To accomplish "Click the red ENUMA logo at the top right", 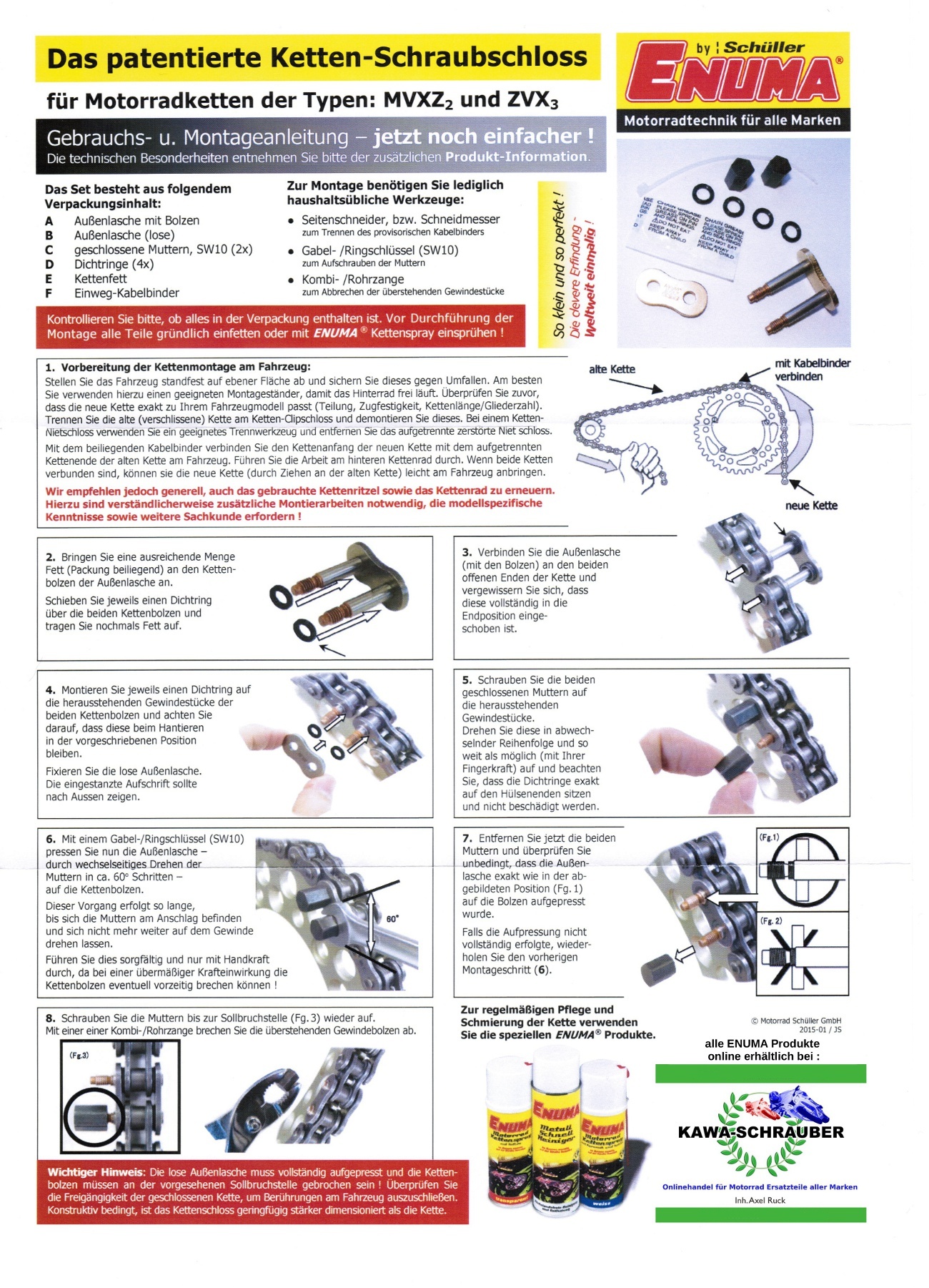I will coord(732,79).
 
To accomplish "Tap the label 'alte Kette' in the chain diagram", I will coord(612,369).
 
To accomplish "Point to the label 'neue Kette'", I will coord(811,506).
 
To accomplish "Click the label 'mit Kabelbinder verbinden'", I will coord(813,370).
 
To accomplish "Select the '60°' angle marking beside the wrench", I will coord(392,918).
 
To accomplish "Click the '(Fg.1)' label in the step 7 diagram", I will coord(769,837).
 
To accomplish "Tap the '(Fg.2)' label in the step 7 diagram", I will coord(770,921).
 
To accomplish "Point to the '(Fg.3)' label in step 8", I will coord(79,1055).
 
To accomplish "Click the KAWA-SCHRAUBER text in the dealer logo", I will coord(760,1132).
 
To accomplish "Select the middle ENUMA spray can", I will coord(556,1126).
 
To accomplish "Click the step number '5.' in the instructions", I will coord(467,679).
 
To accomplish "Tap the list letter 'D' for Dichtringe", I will coord(49,264).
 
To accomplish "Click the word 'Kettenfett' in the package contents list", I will coord(100,279).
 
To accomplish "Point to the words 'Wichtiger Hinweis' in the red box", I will coord(96,1172).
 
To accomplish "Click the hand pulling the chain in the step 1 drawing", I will coord(640,461).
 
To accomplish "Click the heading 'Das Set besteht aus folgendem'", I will coord(138,189).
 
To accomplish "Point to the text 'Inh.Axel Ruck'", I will coord(760,1200).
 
